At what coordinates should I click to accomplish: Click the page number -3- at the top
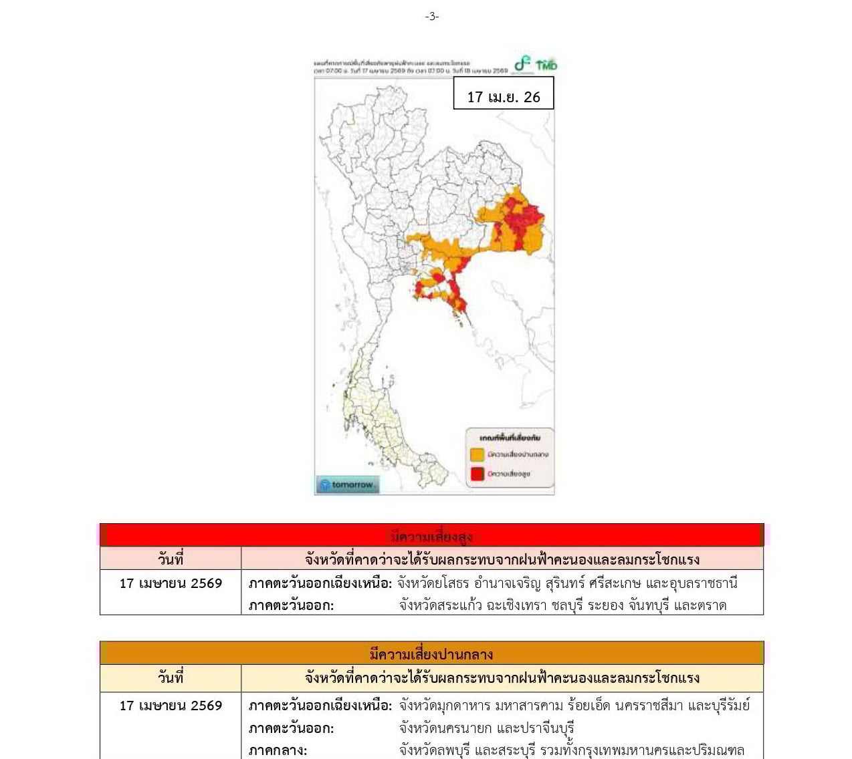click(432, 16)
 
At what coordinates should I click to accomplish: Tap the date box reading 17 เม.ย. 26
click(503, 97)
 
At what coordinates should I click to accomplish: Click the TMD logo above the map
click(546, 65)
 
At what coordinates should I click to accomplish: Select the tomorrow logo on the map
click(347, 484)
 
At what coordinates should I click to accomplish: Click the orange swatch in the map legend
click(477, 454)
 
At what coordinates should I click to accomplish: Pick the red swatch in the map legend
click(477, 474)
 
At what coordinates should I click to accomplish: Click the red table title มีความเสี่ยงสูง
click(431, 536)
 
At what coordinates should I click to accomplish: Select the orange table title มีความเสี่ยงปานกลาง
click(431, 653)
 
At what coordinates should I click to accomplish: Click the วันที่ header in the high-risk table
click(171, 559)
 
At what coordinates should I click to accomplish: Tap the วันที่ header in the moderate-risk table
click(171, 677)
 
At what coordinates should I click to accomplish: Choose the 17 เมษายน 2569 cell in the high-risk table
click(171, 583)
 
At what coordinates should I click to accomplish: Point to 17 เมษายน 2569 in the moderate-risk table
click(171, 706)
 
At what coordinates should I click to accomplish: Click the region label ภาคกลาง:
click(278, 750)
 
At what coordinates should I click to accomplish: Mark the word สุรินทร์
click(582, 583)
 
